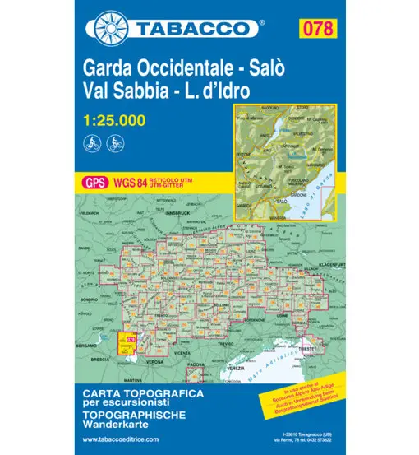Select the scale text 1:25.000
click(114, 121)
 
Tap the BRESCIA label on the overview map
click(101, 359)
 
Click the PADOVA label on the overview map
click(195, 363)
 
